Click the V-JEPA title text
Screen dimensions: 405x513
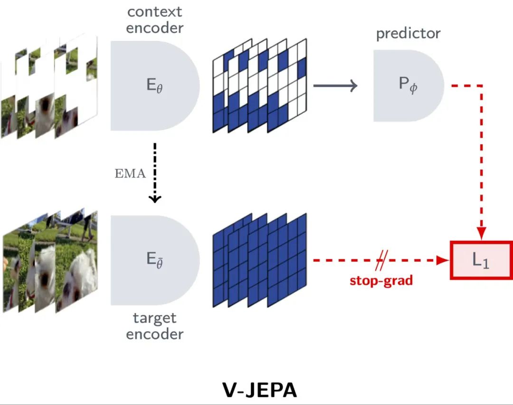[259, 389]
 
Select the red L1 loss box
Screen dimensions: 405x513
[481, 260]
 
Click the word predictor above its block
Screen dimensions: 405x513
[408, 34]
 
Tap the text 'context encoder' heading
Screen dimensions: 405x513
[155, 19]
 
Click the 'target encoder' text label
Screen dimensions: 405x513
[155, 326]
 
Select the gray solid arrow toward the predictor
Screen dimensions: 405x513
[335, 86]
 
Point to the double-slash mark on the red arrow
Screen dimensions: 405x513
[381, 261]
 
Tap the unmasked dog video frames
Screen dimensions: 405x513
[50, 261]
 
